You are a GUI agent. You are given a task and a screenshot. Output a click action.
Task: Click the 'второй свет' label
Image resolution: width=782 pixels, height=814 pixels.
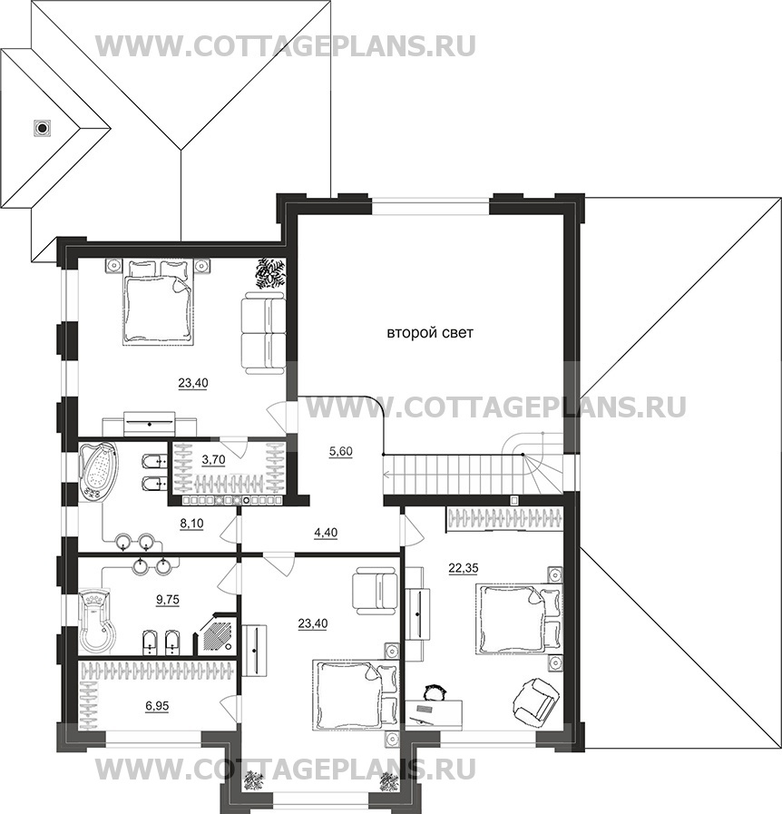(430, 333)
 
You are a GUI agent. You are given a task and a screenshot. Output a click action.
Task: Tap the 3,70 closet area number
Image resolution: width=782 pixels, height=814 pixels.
(213, 459)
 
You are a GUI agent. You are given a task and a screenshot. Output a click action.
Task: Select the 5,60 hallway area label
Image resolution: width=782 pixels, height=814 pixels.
(340, 451)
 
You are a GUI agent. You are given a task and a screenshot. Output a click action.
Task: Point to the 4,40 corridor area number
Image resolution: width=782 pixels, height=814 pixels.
(326, 532)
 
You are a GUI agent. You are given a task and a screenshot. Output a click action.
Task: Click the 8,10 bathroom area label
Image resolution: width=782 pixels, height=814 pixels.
(191, 524)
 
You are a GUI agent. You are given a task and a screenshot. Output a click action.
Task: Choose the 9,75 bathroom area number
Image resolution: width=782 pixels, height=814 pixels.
(168, 600)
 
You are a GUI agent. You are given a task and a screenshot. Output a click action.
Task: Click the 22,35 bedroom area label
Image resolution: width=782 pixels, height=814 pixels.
(464, 568)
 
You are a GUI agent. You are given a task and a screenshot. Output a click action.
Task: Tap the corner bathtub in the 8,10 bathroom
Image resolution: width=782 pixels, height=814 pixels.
(98, 471)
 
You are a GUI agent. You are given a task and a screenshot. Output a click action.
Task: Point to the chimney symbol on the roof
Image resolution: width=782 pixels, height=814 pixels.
(43, 127)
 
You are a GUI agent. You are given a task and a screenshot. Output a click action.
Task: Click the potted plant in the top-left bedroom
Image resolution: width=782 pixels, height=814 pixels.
(269, 272)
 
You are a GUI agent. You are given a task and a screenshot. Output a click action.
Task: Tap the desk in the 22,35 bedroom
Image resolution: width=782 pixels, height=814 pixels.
(434, 712)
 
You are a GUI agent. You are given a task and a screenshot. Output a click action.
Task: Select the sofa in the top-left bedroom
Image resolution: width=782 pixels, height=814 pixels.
(264, 333)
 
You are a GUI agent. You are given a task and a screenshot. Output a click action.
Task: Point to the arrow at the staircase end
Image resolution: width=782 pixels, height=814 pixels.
(388, 474)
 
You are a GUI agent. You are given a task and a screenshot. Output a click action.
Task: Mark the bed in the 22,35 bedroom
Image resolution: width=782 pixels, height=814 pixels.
(519, 618)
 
